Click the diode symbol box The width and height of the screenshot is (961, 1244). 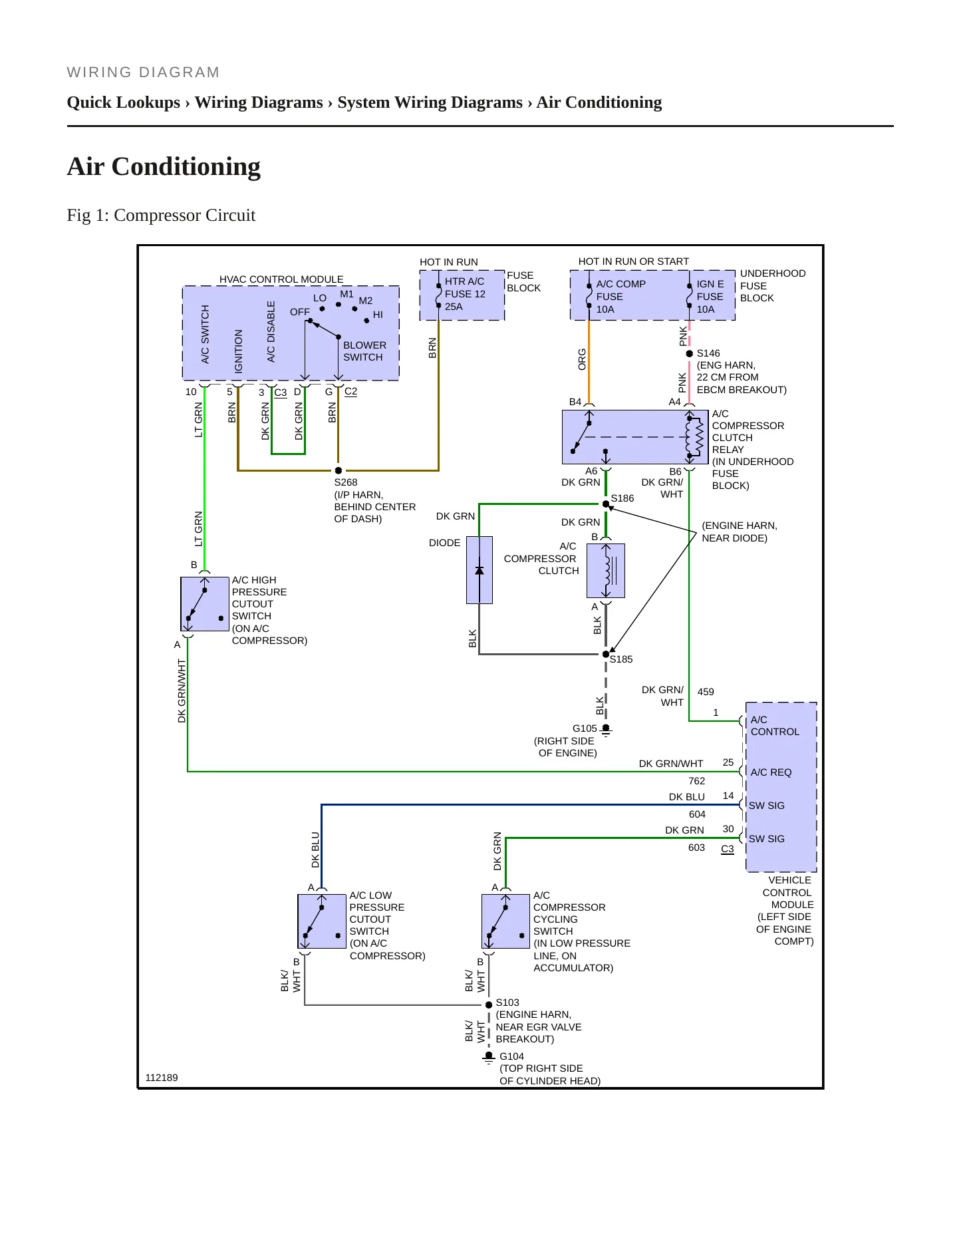pos(480,570)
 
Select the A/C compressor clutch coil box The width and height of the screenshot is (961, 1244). pos(606,571)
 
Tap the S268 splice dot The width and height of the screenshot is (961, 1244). pos(339,470)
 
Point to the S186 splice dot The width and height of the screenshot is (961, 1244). pos(606,504)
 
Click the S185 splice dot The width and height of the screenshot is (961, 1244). pos(606,654)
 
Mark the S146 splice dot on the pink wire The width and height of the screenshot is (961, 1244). pos(690,353)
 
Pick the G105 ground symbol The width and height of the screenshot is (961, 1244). pos(606,730)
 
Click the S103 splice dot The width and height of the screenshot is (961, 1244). pos(489,1005)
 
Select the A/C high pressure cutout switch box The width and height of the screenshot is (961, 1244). pos(205,604)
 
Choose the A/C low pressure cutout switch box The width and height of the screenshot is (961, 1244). pos(322,921)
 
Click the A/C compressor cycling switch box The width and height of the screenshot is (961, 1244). pos(506,921)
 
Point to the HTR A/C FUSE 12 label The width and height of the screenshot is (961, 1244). pos(465,287)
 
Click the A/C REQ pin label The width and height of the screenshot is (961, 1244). pos(771,772)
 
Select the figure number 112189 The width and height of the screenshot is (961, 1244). pos(162,1078)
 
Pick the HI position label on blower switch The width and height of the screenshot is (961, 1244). pos(378,315)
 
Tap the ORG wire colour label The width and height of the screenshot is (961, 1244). pos(582,359)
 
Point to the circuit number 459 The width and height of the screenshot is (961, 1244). pos(706,692)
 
